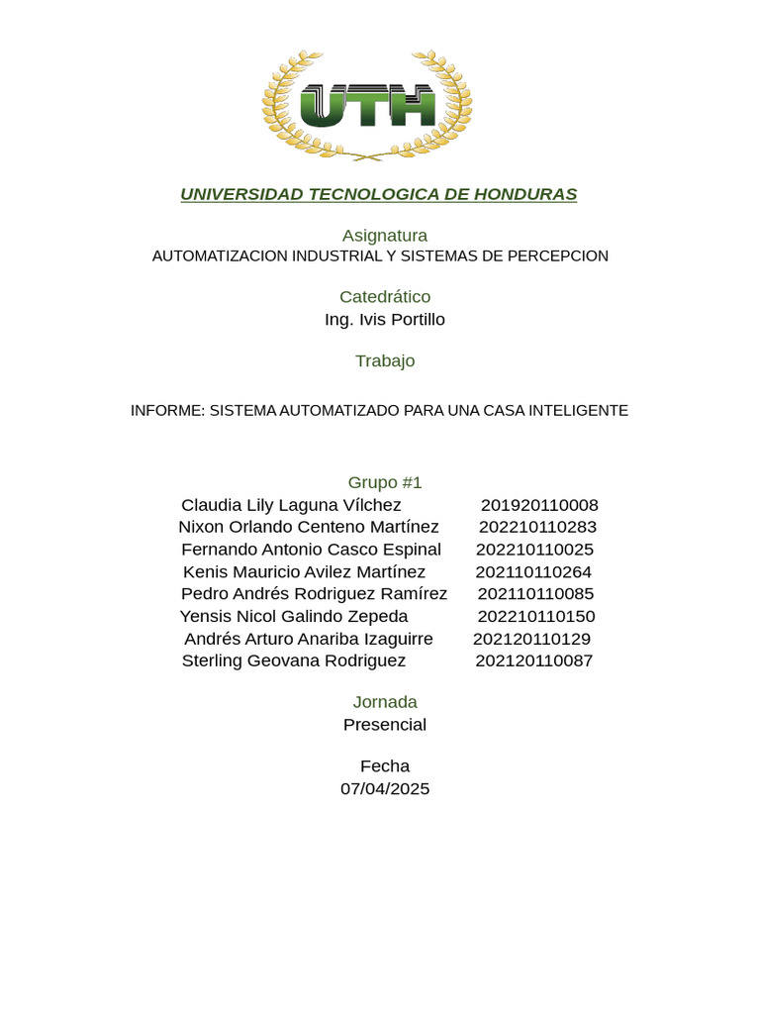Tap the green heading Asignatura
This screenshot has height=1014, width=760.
click(385, 236)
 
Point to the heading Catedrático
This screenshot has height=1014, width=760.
click(385, 297)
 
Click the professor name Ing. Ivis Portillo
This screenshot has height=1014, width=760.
click(385, 320)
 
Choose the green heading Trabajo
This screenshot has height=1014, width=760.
click(385, 361)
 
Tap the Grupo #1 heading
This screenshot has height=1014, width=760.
click(385, 483)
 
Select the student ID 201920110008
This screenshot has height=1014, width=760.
click(539, 505)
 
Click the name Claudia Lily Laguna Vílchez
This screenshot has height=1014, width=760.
click(291, 505)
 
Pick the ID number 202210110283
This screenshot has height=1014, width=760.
click(537, 527)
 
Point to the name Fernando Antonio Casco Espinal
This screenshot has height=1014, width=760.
click(311, 550)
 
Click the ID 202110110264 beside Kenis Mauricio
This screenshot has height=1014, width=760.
click(533, 572)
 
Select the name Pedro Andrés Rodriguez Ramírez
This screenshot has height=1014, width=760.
click(314, 594)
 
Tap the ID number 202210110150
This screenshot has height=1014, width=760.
click(536, 617)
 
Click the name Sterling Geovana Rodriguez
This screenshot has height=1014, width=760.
click(294, 660)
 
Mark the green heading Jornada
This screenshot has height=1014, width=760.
click(385, 702)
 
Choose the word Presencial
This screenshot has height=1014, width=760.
click(385, 725)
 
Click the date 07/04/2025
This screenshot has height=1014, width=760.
click(385, 789)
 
